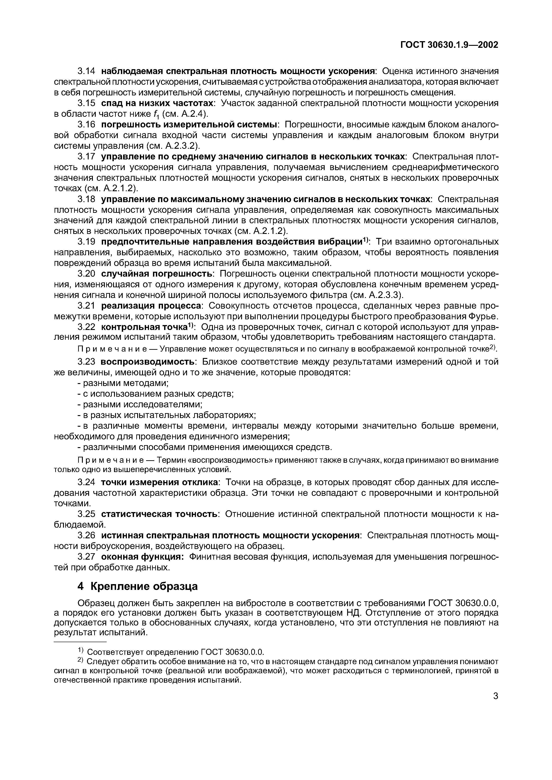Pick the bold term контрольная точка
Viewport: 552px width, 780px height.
(x=145, y=327)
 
